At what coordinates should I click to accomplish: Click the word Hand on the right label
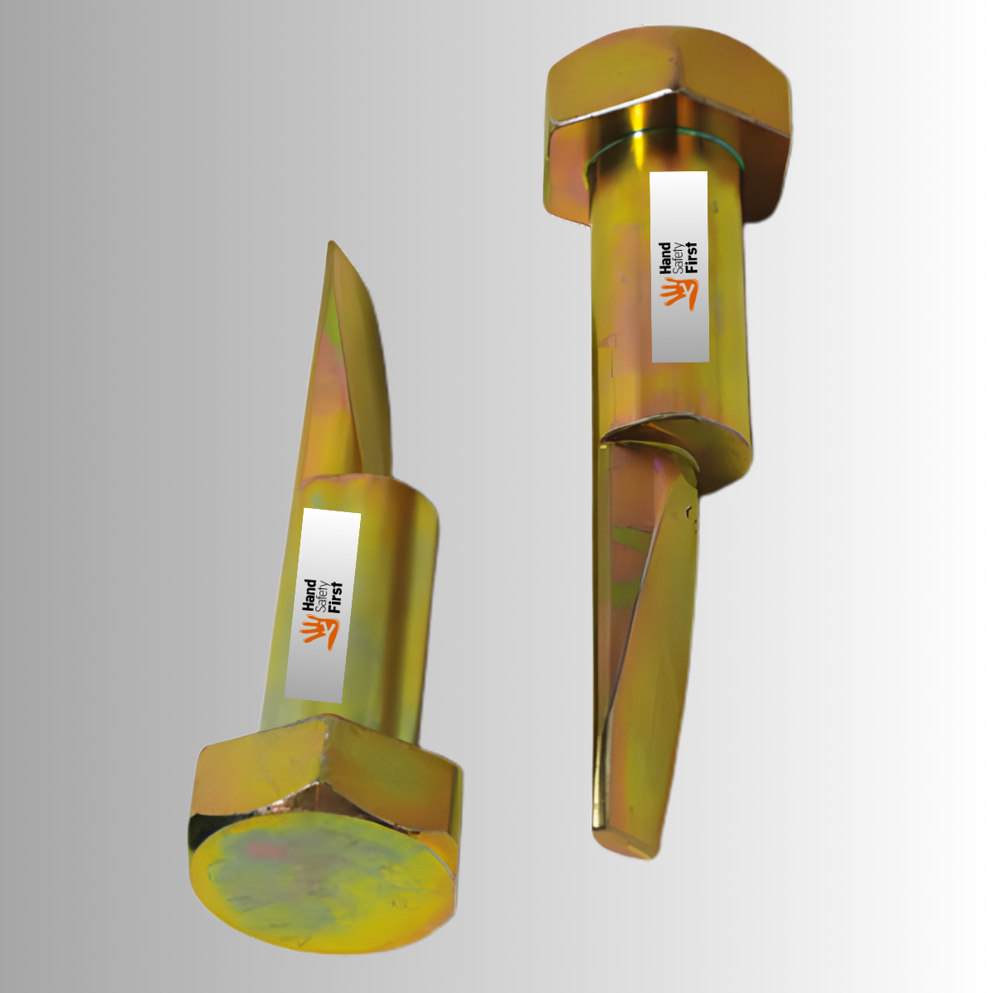point(664,258)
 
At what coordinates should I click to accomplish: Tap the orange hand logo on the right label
point(680,293)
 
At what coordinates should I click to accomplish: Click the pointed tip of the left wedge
point(332,244)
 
